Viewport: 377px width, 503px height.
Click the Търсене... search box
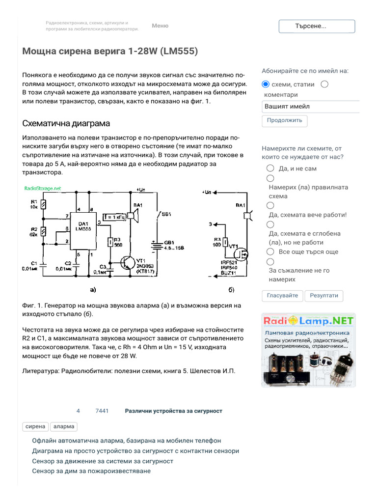coord(317,27)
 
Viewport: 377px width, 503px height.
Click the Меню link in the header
coord(160,26)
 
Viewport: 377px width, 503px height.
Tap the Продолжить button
coord(285,120)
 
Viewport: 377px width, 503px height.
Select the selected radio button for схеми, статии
coord(266,84)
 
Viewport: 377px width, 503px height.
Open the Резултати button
coord(324,296)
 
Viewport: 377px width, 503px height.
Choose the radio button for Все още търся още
coord(270,251)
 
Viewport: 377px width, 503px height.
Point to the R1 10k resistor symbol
coord(44,205)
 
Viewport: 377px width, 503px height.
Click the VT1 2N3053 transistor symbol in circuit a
coord(129,263)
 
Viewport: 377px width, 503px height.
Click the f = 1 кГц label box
coord(114,217)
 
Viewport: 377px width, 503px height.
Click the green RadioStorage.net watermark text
coord(43,188)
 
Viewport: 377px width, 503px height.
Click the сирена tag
coord(35,426)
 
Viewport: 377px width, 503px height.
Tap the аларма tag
coord(64,426)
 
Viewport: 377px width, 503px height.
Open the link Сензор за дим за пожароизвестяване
coord(91,471)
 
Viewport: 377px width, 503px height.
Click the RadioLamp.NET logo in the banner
coord(308,321)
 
